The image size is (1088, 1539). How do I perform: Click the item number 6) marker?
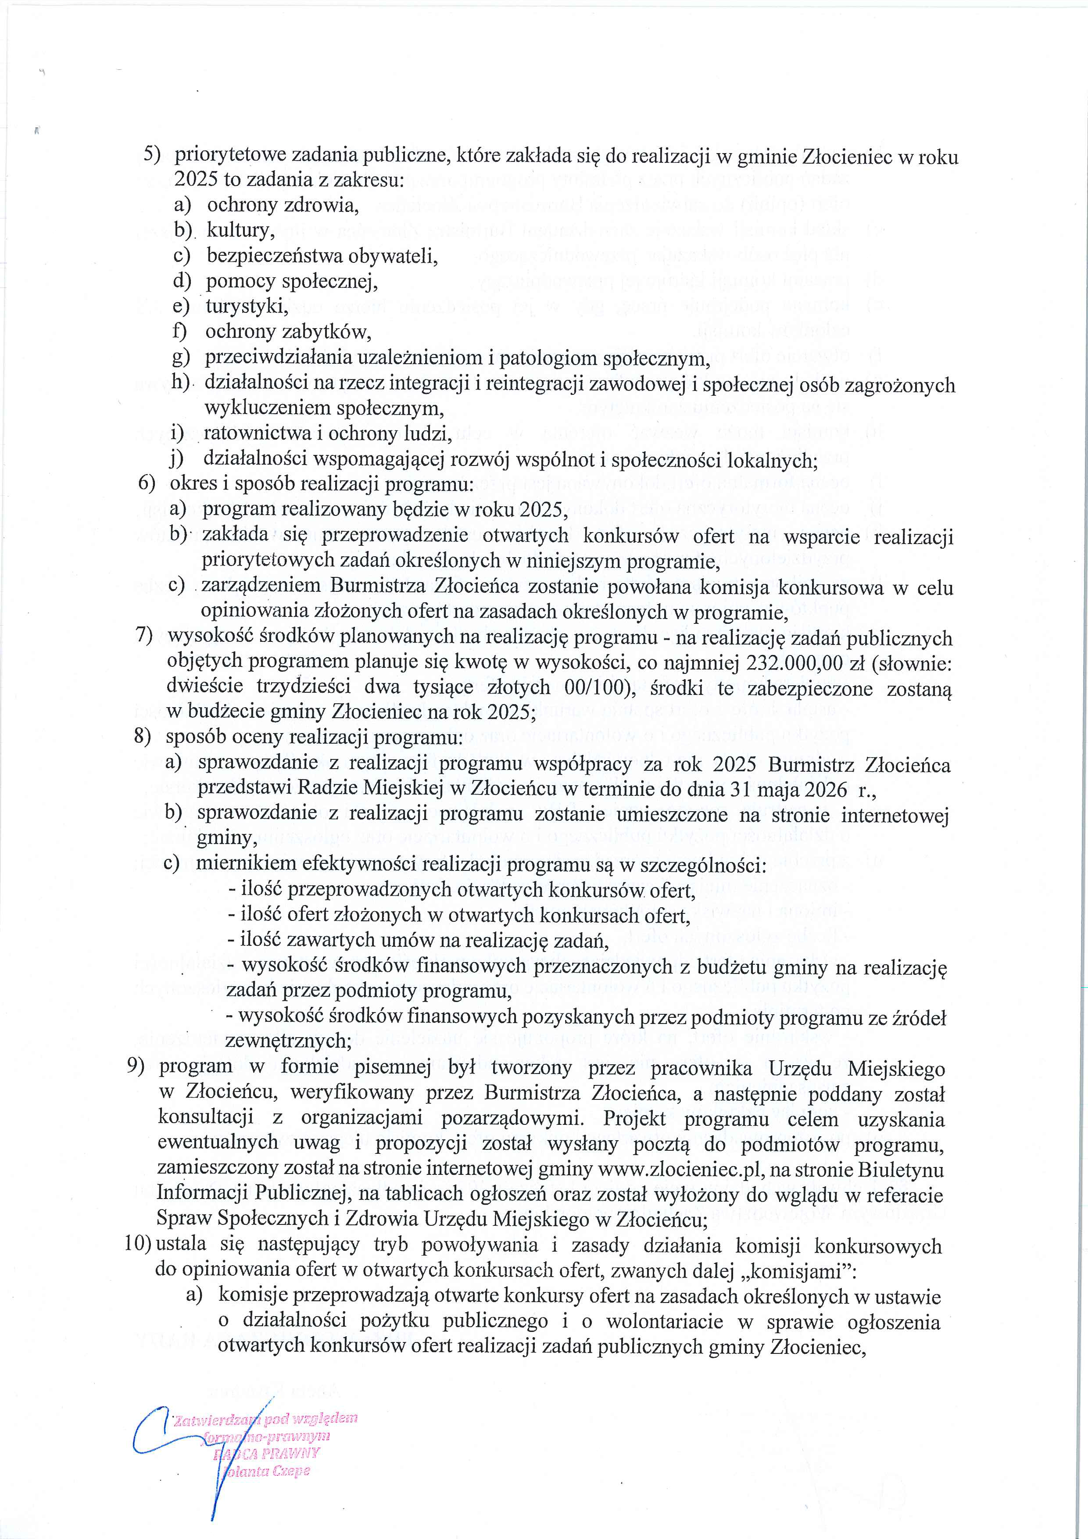pyautogui.click(x=147, y=484)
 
